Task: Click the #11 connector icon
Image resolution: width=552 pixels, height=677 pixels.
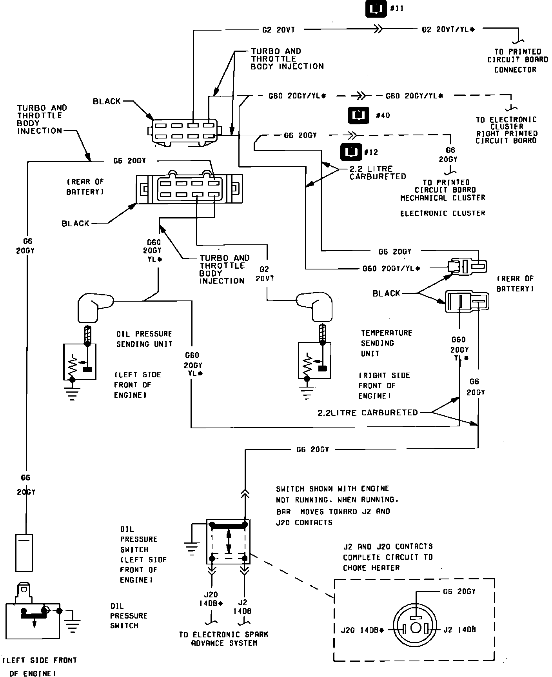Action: [376, 9]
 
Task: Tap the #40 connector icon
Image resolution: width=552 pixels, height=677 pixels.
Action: [359, 115]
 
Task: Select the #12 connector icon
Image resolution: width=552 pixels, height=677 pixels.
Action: [350, 152]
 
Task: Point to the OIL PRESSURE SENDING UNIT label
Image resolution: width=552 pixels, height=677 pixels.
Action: [144, 339]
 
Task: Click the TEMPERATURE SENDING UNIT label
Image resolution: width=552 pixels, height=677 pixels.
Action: [387, 343]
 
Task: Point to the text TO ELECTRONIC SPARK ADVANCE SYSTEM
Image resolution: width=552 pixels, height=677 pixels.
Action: [223, 639]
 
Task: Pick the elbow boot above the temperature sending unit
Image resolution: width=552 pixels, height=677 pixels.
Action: [315, 305]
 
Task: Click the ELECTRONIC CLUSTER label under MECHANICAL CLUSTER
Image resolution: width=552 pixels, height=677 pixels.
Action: [443, 213]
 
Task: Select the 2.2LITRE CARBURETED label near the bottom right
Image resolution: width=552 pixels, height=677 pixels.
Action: [368, 413]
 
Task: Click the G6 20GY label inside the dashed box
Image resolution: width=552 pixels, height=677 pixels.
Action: [459, 591]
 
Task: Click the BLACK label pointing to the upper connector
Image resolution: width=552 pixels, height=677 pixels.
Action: [107, 101]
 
